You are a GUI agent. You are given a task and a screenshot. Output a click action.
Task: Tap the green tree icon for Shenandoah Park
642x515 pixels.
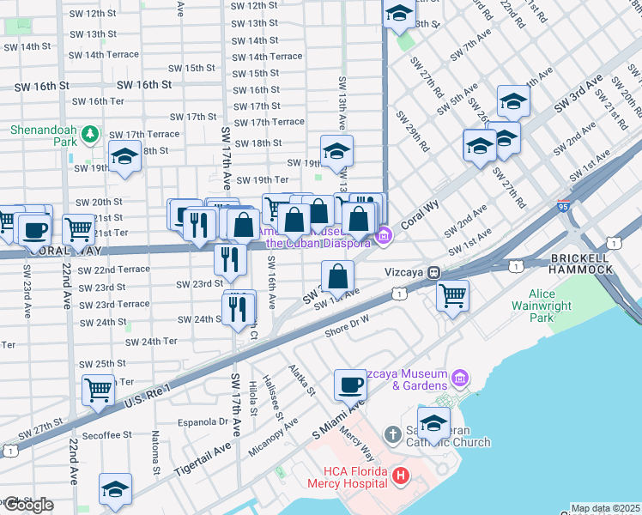click(x=88, y=134)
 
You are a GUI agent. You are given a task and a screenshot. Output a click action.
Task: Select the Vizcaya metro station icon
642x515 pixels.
click(x=435, y=272)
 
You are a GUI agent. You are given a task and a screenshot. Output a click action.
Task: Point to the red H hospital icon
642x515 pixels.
click(x=399, y=475)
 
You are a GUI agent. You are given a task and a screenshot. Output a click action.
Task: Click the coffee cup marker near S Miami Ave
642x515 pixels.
click(x=349, y=385)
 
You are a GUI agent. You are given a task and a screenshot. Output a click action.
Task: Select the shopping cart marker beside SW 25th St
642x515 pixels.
click(x=97, y=389)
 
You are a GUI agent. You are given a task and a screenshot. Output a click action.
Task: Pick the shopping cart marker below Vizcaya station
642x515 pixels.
click(x=452, y=295)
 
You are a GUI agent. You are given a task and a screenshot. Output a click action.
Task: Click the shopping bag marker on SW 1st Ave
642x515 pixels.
click(x=338, y=276)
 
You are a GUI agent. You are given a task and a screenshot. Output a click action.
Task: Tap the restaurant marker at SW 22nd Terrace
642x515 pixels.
click(x=228, y=257)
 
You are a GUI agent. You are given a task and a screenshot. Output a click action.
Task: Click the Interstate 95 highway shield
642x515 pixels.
click(x=563, y=206)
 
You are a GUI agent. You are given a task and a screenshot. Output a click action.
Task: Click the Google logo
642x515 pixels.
click(x=27, y=505)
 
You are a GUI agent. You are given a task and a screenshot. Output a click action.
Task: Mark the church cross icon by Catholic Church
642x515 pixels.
click(x=393, y=433)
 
